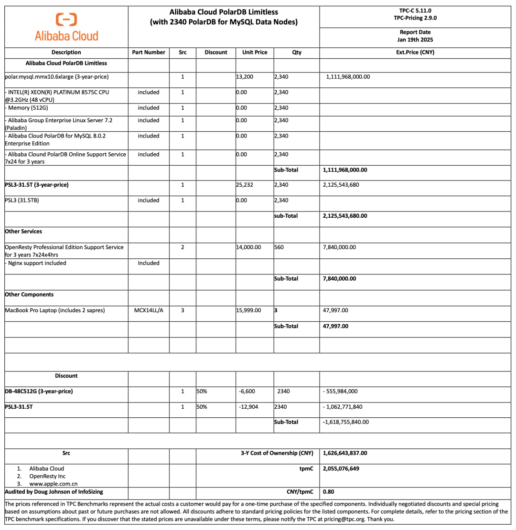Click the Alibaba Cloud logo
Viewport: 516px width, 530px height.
tap(66, 27)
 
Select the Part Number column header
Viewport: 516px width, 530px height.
tap(149, 53)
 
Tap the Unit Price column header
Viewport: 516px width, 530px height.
tap(254, 53)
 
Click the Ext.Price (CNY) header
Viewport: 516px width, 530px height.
tap(415, 53)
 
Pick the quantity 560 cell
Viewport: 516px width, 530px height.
tap(280, 247)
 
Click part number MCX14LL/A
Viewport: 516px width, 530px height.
tap(149, 310)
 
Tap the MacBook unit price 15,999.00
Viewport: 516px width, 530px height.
tap(248, 310)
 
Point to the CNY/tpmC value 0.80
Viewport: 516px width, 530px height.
tap(328, 491)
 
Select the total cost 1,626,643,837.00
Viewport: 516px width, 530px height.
tap(345, 453)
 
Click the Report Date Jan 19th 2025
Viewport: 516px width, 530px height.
tap(415, 36)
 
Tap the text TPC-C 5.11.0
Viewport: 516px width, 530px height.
tap(415, 11)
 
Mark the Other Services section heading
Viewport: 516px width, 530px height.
tap(23, 231)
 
